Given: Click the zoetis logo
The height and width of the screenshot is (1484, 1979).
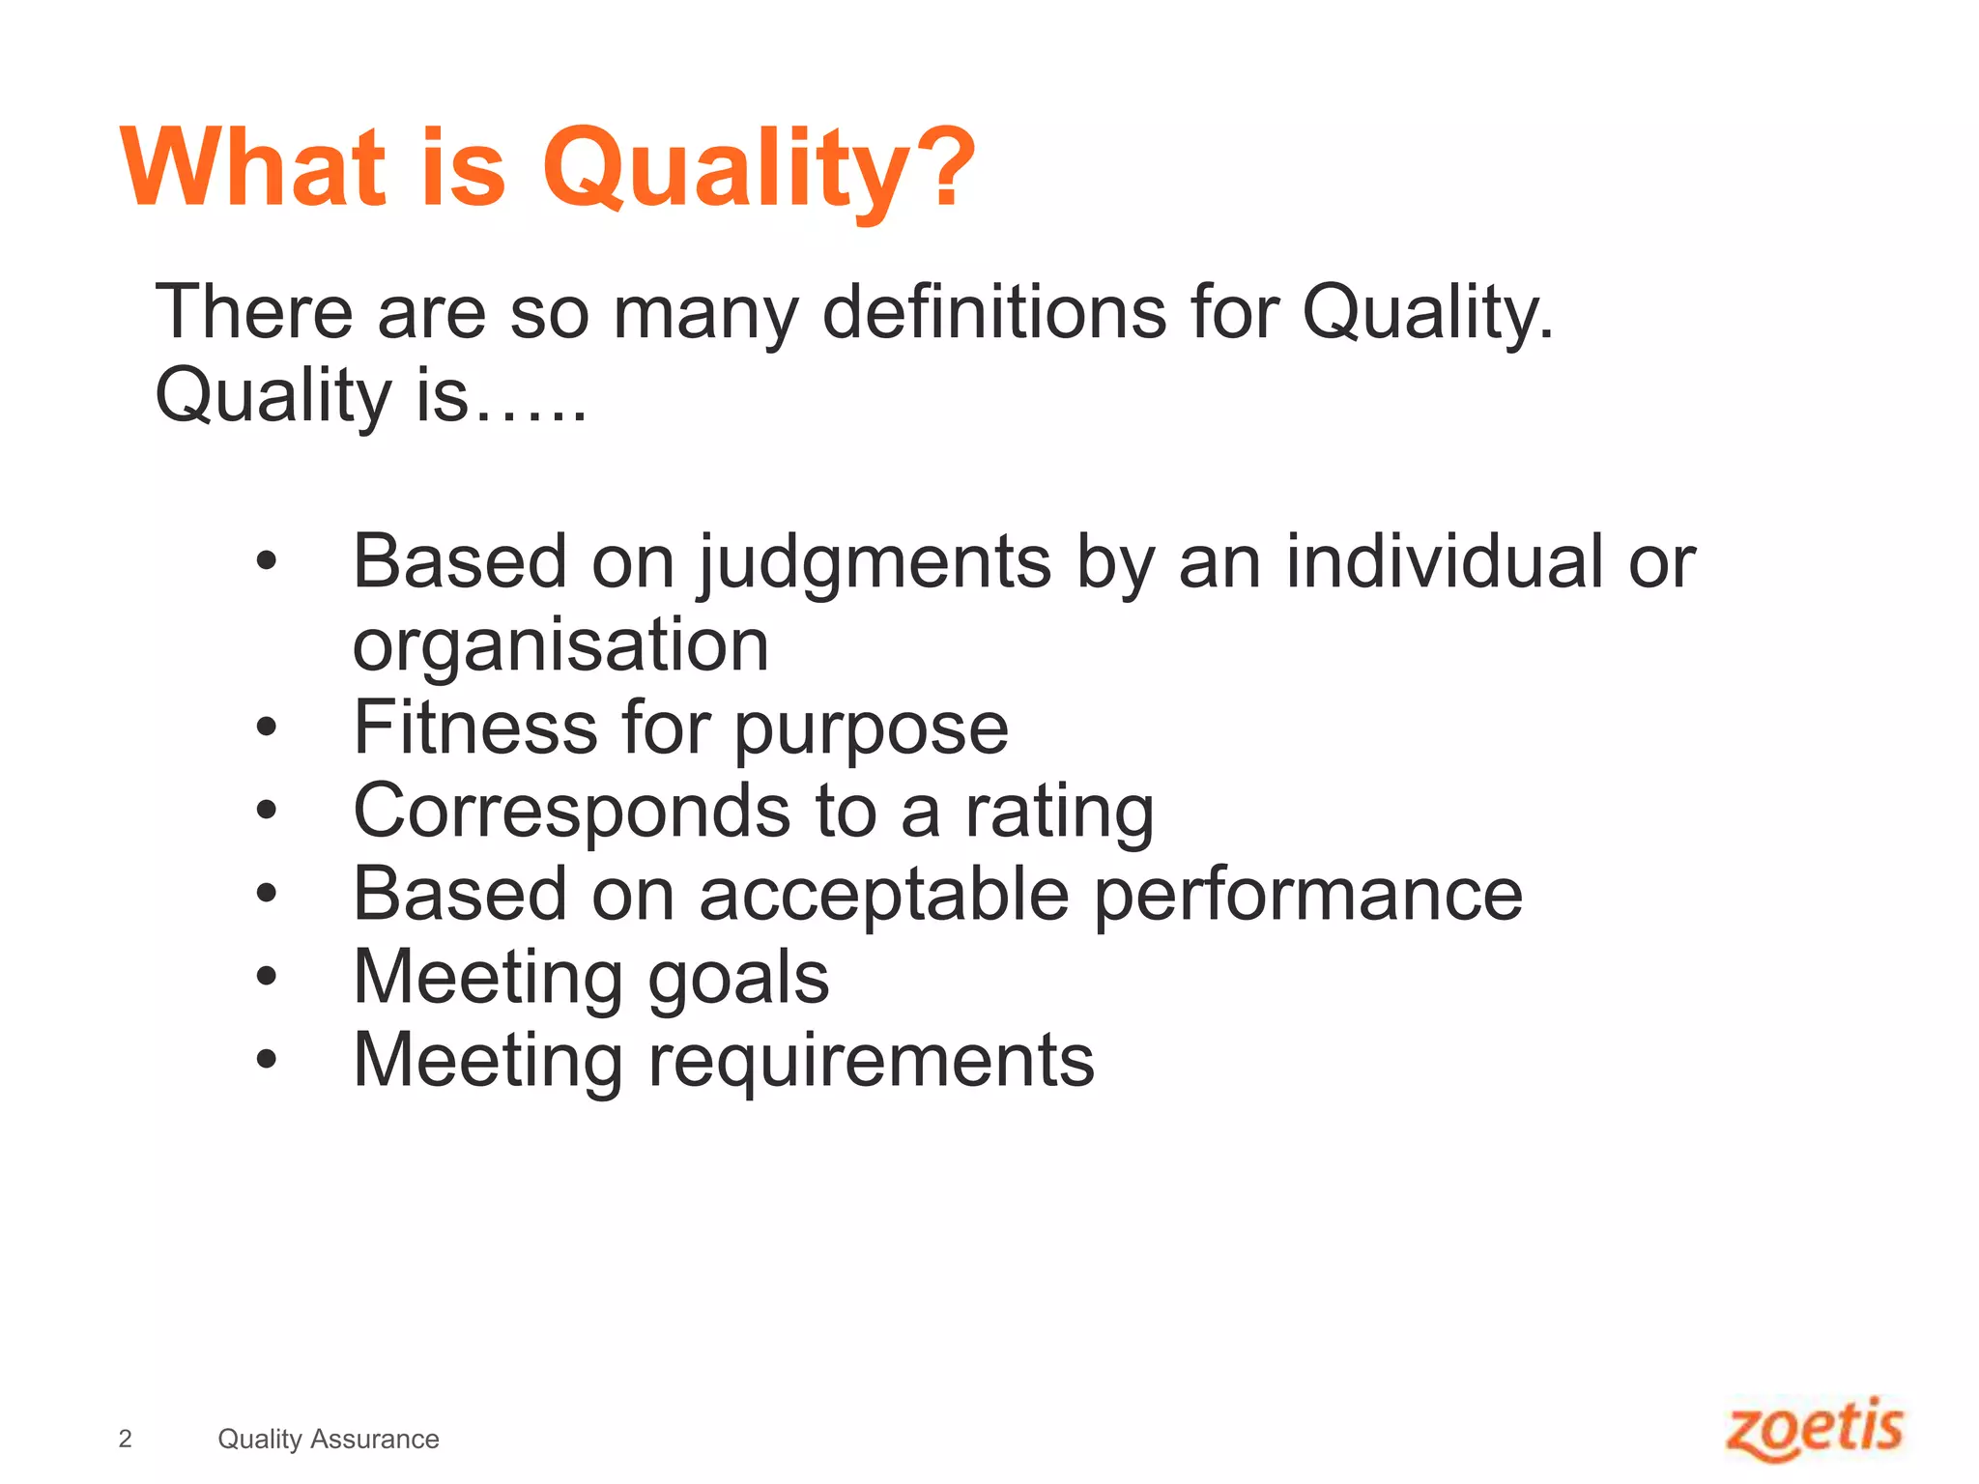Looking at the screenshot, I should [x=1814, y=1429].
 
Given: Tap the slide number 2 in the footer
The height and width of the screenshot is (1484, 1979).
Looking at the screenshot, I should [x=125, y=1439].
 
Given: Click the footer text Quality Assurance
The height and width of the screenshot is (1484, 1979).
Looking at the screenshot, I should [x=328, y=1439].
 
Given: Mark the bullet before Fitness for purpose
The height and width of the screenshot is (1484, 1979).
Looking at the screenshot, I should [x=267, y=728].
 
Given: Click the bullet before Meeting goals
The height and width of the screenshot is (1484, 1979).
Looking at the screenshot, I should [x=267, y=977].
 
